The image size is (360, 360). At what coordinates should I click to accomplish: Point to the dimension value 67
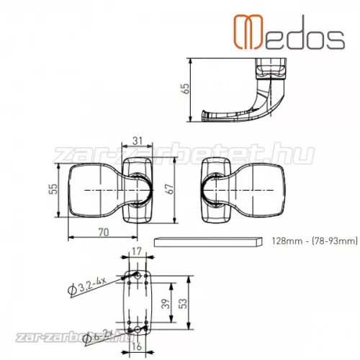tap(168, 189)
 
